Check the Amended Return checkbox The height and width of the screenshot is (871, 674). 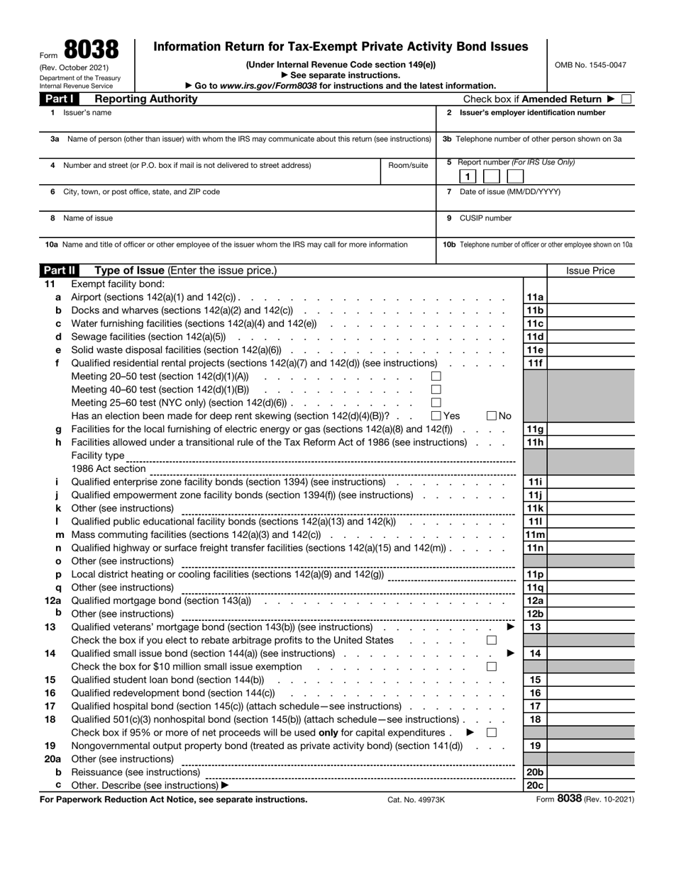626,99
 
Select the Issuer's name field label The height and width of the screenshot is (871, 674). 87,113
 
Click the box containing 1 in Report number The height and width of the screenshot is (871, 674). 468,176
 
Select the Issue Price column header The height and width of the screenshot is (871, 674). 590,271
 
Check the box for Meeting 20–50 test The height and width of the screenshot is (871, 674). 436,376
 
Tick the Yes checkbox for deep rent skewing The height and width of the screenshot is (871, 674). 436,416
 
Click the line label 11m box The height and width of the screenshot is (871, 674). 534,534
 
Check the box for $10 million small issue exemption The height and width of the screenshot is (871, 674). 492,667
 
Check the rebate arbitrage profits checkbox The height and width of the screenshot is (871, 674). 492,641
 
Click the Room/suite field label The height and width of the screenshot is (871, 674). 408,166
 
